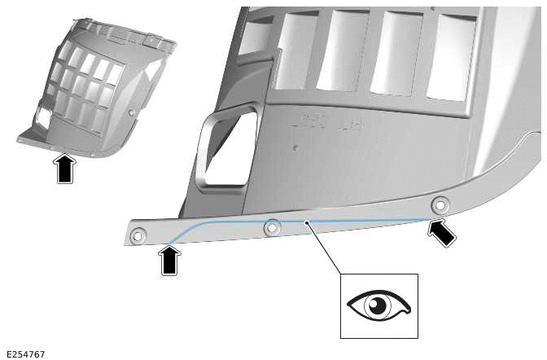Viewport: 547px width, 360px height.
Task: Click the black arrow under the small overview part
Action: [x=66, y=169]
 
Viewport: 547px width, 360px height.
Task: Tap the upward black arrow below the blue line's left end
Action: [x=169, y=261]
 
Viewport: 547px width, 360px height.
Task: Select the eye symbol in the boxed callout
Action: [x=379, y=305]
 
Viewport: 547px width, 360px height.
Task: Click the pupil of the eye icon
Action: [x=376, y=305]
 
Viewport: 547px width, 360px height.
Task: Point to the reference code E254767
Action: [x=25, y=354]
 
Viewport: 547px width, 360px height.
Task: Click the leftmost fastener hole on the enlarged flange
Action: [x=138, y=236]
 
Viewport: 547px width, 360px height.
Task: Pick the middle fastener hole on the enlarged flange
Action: [x=273, y=227]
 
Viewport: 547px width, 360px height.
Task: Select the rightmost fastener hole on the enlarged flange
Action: [x=440, y=204]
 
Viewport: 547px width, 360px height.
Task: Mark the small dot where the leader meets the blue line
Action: [x=305, y=221]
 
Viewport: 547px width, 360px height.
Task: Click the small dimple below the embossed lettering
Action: [x=295, y=147]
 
